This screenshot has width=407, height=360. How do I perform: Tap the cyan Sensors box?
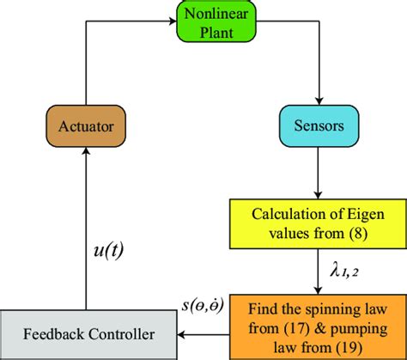click(x=319, y=127)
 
